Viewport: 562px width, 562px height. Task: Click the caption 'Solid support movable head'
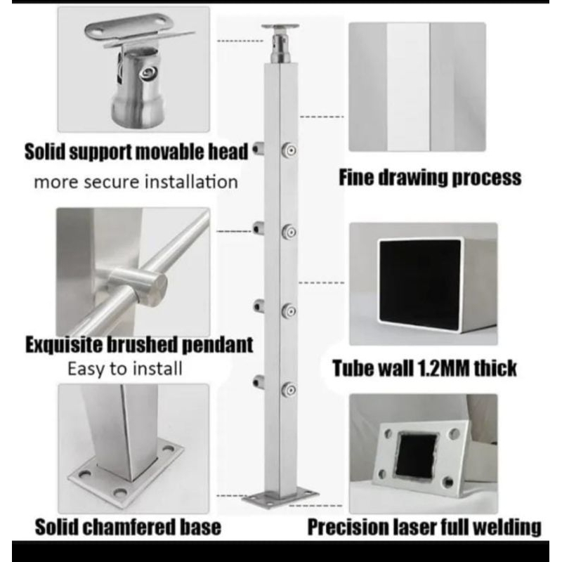coord(136,152)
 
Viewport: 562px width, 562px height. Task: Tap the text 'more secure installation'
coord(136,182)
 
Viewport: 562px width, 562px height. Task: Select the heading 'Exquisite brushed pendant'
coord(139,345)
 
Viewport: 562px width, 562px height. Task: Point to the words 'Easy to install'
coord(125,369)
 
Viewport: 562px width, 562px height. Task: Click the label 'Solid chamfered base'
coord(128,527)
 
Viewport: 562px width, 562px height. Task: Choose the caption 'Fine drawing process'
coord(430,178)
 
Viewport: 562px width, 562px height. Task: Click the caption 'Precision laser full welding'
coord(424,528)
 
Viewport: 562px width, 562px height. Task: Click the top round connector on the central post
coord(289,150)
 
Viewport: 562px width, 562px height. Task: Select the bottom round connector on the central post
coord(289,390)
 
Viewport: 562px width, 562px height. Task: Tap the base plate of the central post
coord(280,497)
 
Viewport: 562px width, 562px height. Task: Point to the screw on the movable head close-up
coord(148,74)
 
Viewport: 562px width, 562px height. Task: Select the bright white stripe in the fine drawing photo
coord(408,86)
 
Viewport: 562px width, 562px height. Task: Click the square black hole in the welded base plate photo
coord(417,456)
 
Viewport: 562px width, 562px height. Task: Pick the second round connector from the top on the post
coord(289,233)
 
